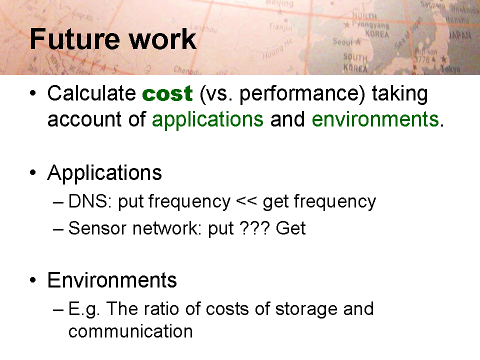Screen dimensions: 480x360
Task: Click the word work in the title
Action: tap(162, 39)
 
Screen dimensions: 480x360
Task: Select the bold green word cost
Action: tap(167, 93)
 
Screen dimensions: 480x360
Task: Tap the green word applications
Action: tap(207, 119)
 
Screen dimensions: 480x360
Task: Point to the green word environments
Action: tap(375, 119)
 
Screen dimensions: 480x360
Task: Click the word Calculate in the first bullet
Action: tap(91, 93)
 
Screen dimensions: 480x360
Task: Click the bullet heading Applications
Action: tap(104, 173)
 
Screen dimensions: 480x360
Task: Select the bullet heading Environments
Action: tap(112, 280)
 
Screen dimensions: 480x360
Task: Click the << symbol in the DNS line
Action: tap(246, 201)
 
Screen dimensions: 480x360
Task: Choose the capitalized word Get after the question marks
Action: tap(290, 228)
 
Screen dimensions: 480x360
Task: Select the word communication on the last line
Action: tap(130, 331)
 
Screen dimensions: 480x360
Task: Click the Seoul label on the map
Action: tap(342, 41)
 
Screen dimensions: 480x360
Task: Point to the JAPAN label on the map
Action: tap(459, 35)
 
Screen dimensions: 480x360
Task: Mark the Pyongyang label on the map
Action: tap(370, 25)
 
